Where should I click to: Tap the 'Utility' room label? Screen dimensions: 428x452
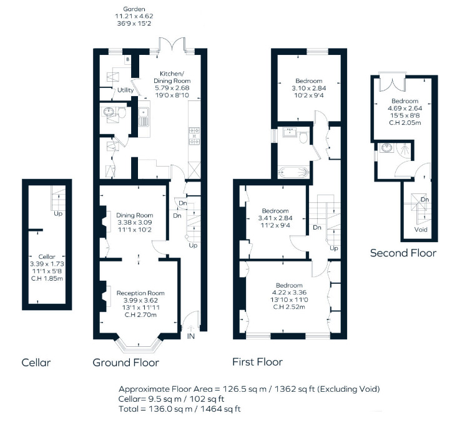pos(125,90)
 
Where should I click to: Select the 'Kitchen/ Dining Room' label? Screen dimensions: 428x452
pos(172,77)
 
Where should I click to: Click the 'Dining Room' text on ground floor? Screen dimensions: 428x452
pos(134,215)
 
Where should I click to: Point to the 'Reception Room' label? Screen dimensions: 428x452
pos(140,293)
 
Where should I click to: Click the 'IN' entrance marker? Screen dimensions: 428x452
pos(190,336)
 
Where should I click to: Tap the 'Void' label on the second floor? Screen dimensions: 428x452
pos(422,229)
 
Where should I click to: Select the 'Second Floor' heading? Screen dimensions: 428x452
pos(403,253)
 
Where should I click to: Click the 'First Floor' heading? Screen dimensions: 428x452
pos(257,362)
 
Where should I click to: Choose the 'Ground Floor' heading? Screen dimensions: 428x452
pos(125,362)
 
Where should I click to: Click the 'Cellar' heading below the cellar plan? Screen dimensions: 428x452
pos(36,362)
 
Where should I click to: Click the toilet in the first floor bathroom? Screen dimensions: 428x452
pos(303,137)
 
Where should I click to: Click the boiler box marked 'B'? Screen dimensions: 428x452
pos(128,59)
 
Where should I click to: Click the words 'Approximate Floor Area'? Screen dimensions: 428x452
pos(160,388)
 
